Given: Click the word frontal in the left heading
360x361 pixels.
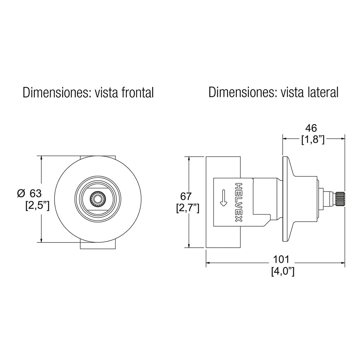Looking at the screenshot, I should click(137, 93).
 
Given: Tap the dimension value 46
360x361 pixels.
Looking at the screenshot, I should click(311, 128).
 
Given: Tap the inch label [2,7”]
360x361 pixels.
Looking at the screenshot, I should click(188, 208).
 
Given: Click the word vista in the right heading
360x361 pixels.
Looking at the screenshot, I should click(291, 93).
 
